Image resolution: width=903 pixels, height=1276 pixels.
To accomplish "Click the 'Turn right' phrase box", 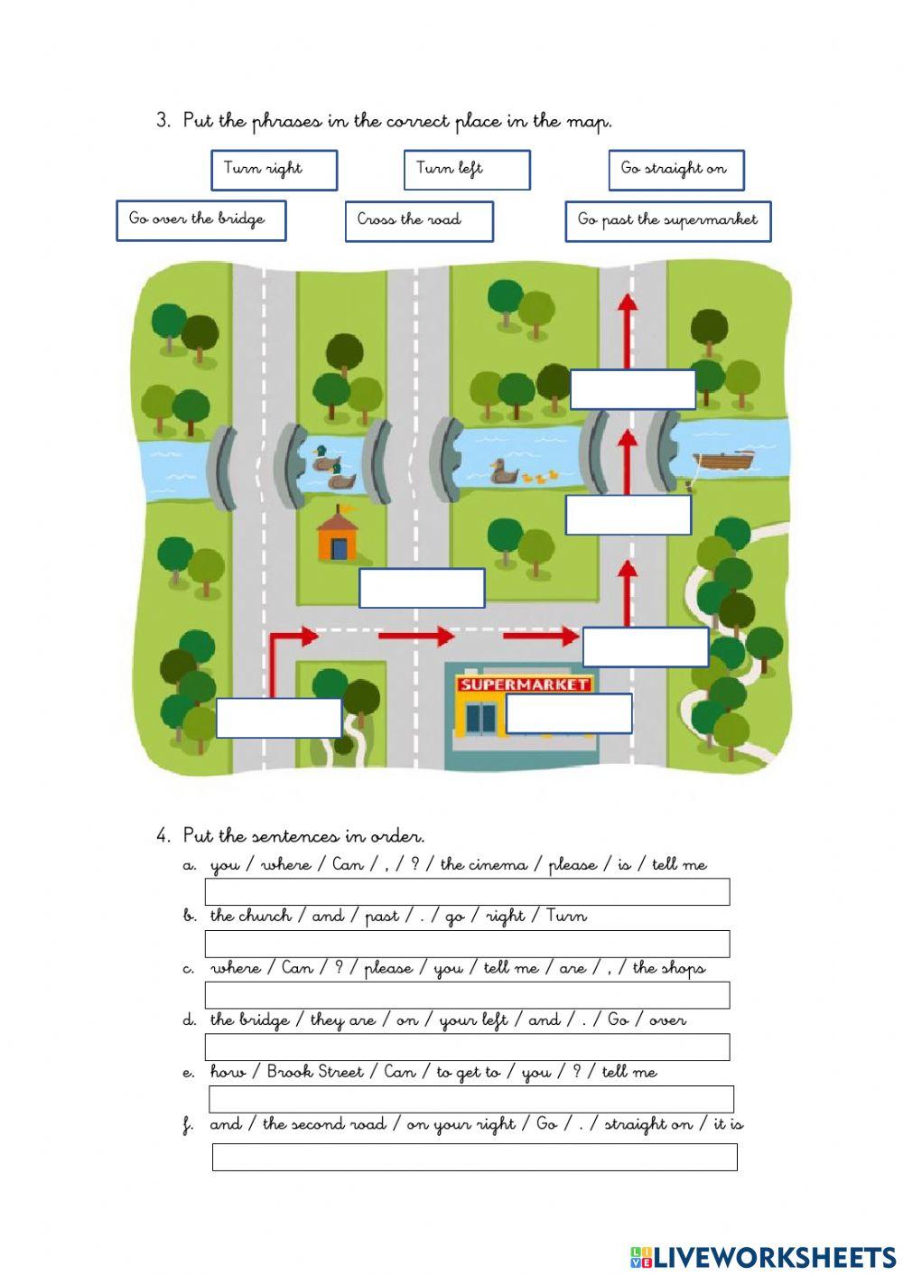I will [x=274, y=170].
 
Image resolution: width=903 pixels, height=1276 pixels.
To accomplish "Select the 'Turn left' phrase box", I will [x=466, y=170].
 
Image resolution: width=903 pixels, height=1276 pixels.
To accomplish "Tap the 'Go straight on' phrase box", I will [x=676, y=170].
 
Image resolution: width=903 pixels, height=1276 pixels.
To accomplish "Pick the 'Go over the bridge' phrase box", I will [x=200, y=220].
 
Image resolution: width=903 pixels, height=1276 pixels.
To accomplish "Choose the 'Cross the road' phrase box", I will [x=419, y=220].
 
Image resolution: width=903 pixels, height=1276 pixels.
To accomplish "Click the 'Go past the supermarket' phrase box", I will [x=668, y=220].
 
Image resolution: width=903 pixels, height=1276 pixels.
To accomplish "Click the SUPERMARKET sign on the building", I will [x=524, y=684].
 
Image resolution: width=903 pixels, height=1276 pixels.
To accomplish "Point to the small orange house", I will [x=336, y=536].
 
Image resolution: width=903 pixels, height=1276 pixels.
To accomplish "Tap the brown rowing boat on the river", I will [x=727, y=461].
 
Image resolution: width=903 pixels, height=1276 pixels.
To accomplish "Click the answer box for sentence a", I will [x=467, y=891].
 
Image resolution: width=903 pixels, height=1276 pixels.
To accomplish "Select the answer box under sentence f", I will [x=474, y=1157].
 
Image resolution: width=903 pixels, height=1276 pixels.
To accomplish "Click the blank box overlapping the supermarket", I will [x=568, y=713].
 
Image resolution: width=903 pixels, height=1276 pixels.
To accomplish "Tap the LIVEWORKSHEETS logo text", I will [x=773, y=1256].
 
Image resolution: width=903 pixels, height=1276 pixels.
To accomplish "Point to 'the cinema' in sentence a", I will [x=483, y=864].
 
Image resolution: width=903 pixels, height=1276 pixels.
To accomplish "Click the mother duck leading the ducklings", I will [x=502, y=471].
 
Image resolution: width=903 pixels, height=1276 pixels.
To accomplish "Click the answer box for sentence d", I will [x=467, y=1047].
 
